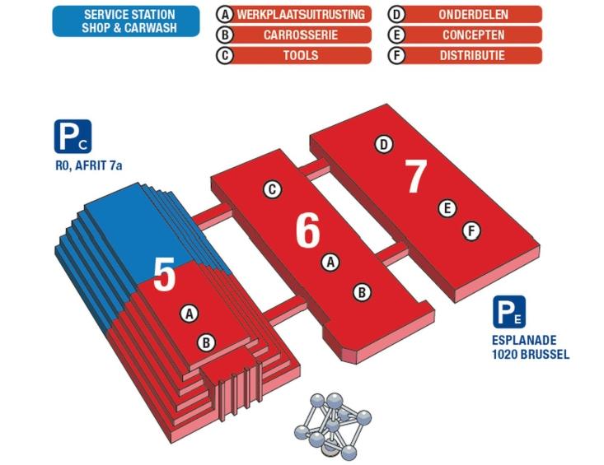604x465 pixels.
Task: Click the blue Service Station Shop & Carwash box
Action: pos(126,21)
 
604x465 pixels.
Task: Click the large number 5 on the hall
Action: pos(165,276)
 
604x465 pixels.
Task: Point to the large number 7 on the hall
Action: pos(416,176)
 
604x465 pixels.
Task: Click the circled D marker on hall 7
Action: pos(383,145)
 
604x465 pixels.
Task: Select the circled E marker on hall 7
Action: pos(447,208)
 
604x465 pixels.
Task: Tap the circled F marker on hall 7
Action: pos(471,231)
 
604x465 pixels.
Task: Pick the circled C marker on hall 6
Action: pos(272,189)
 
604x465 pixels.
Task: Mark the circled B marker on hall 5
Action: pos(207,342)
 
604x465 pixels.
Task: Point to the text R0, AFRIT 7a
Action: pos(84,167)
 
